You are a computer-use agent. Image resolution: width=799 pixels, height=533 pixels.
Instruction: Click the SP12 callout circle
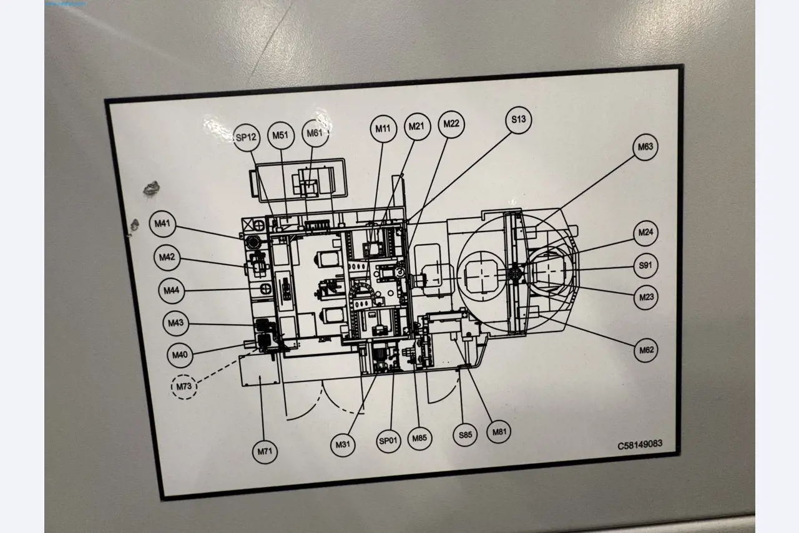click(x=246, y=138)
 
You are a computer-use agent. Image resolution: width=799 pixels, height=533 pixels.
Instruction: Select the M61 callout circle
click(x=315, y=134)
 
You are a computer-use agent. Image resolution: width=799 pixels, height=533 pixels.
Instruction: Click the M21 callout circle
click(x=416, y=127)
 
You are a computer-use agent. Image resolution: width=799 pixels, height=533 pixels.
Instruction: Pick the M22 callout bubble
click(x=451, y=124)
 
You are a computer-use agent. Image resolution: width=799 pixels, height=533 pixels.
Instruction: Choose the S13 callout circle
click(x=519, y=120)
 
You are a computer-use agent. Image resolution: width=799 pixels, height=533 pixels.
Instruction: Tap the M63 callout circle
click(x=645, y=148)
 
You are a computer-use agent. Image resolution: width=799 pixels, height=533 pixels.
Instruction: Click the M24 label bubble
click(x=646, y=233)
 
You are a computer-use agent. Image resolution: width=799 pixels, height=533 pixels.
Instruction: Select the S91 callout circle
click(x=645, y=266)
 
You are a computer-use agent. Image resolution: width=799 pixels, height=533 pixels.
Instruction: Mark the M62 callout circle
click(x=646, y=351)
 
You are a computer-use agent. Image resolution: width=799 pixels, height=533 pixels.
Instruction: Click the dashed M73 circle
click(x=184, y=387)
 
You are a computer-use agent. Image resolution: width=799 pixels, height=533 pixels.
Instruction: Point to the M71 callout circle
click(x=265, y=451)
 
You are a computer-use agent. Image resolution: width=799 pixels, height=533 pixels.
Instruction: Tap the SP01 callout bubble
click(x=388, y=441)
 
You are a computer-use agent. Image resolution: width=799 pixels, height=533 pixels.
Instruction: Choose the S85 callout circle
click(x=465, y=434)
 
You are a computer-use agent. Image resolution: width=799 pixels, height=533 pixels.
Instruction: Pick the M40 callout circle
click(x=180, y=355)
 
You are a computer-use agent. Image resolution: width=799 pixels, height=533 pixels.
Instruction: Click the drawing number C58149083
click(x=640, y=445)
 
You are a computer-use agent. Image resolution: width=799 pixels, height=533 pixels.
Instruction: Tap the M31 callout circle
click(x=343, y=444)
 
